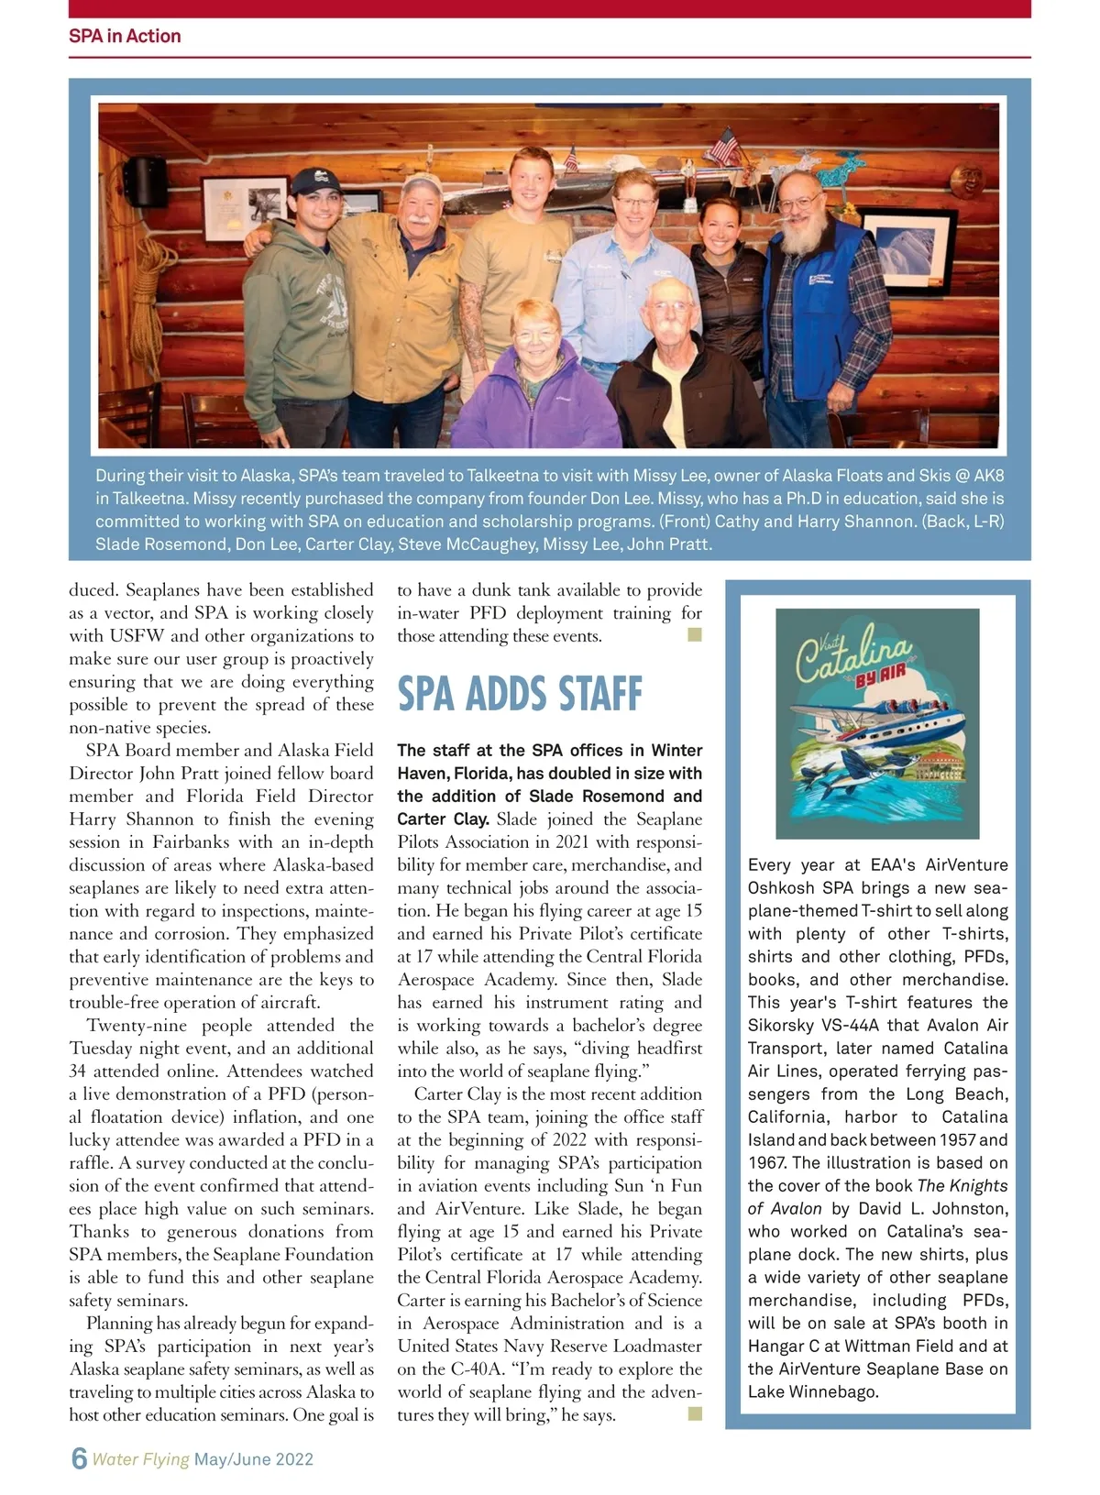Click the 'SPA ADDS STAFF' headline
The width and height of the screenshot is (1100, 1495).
[520, 694]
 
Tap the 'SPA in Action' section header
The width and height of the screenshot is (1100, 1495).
[125, 36]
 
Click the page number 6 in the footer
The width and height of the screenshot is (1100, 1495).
[79, 1458]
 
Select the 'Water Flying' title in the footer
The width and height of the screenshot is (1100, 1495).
[140, 1459]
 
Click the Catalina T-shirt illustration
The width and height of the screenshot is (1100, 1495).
[877, 723]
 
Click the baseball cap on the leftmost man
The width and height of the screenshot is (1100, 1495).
[312, 180]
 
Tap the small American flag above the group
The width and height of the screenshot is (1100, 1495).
[725, 143]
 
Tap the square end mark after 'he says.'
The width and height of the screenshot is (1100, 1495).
[695, 1413]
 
